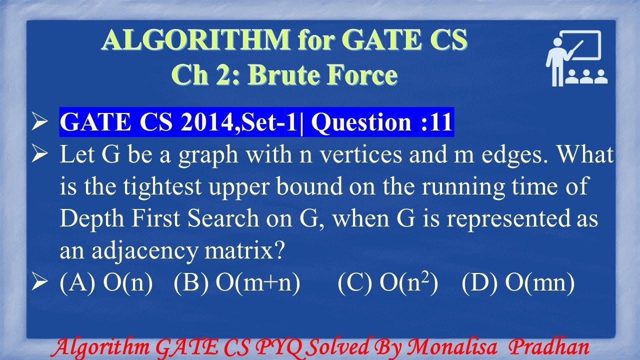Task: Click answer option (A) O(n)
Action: pyautogui.click(x=106, y=283)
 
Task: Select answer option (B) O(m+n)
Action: pyautogui.click(x=237, y=283)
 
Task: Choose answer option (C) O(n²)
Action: pyautogui.click(x=388, y=283)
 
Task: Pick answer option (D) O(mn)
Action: pyautogui.click(x=518, y=283)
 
